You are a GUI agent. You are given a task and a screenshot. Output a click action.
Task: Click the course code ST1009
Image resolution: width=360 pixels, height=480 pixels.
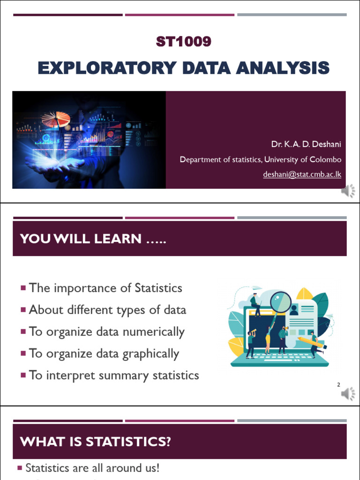183,42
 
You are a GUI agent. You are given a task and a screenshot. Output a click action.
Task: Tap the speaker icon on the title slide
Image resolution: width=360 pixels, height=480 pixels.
348,191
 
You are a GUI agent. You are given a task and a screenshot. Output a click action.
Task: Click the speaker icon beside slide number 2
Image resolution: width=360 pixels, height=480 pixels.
348,394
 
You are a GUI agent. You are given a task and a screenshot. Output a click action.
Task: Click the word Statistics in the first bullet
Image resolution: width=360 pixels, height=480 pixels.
158,288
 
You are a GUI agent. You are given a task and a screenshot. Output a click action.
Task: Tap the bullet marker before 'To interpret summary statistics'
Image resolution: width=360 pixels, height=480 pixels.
23,375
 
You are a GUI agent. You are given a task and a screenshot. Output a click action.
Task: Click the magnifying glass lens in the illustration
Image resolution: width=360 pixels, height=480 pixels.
281,301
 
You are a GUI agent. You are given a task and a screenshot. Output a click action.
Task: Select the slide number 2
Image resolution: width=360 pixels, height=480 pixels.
338,385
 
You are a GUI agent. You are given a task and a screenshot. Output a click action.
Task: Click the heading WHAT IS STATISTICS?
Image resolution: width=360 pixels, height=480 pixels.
95,442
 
